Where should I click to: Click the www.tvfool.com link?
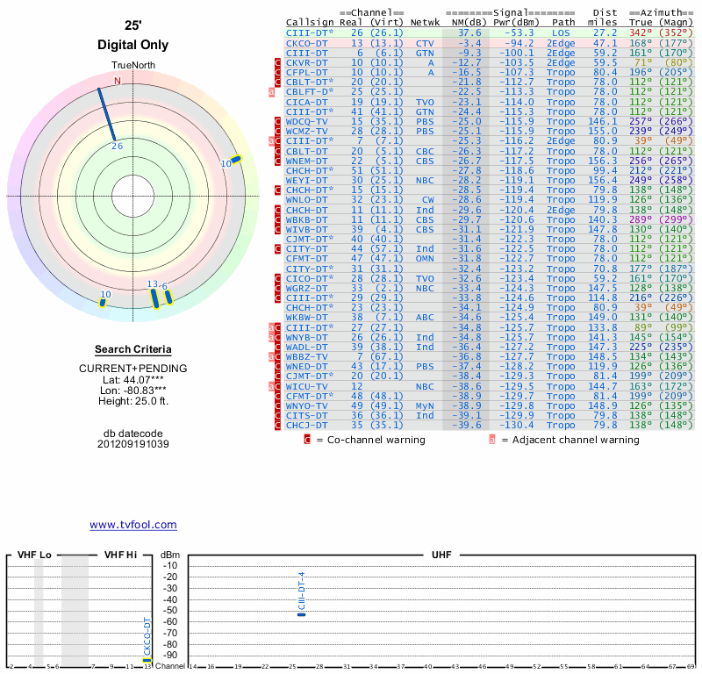[133, 525]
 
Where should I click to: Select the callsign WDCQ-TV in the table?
[307, 121]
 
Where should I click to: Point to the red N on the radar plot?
[118, 81]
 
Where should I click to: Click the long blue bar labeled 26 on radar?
[107, 115]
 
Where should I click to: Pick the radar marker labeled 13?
[154, 298]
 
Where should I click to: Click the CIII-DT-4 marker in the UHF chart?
[302, 614]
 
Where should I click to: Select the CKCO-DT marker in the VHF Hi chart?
[147, 660]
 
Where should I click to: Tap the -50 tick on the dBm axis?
[170, 610]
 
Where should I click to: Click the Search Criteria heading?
[133, 349]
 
